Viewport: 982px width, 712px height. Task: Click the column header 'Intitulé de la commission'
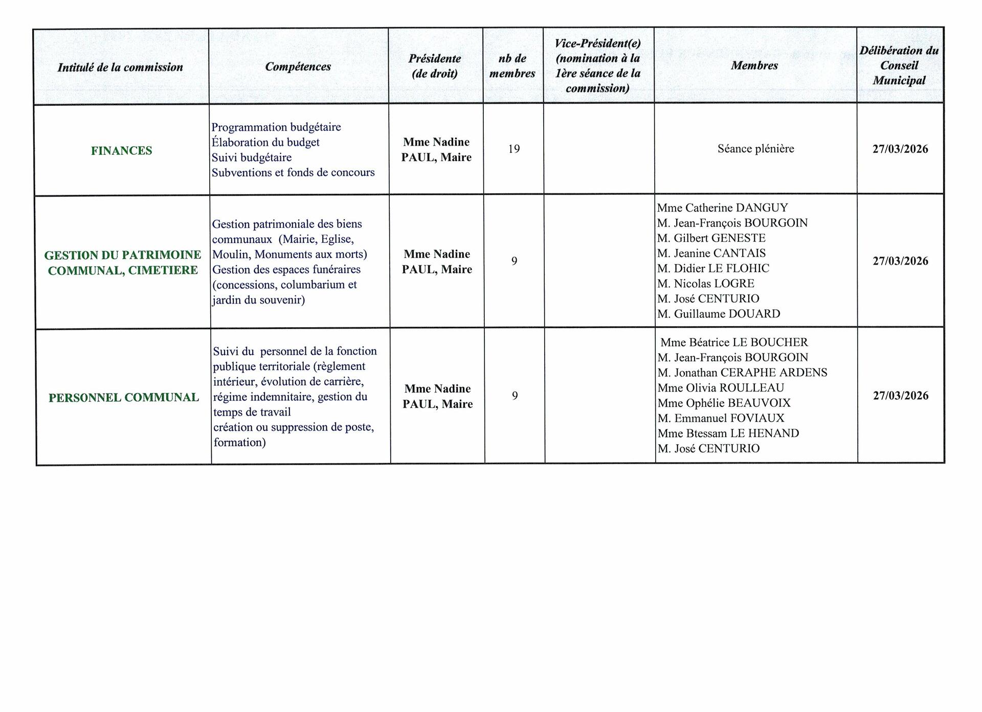click(x=120, y=67)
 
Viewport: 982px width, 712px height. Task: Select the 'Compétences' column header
click(x=298, y=66)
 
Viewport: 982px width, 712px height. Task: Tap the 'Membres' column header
click(x=754, y=65)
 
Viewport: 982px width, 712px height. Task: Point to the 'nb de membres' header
click(x=512, y=66)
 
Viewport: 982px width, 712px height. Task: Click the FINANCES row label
click(x=122, y=151)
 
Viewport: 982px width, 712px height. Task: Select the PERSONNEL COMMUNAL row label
click(x=124, y=398)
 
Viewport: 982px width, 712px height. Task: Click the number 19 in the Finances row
click(x=514, y=149)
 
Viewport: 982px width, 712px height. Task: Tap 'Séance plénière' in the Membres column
click(x=755, y=149)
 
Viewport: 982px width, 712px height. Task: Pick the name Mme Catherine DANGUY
click(x=722, y=208)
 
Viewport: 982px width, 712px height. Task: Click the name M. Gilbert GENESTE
click(x=711, y=238)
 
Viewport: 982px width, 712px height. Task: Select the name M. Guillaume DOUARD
click(x=719, y=314)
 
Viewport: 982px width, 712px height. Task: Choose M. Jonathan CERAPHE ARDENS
click(x=742, y=373)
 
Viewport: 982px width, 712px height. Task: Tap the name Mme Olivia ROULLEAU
click(x=721, y=388)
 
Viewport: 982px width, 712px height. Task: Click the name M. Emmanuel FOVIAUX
click(x=721, y=418)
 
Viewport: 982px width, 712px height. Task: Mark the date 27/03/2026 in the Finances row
click(x=900, y=149)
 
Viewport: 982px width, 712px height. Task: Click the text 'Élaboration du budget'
click(x=265, y=142)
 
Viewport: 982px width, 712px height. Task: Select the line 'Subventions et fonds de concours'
click(x=293, y=172)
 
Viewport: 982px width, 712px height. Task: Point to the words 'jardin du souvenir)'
click(x=259, y=300)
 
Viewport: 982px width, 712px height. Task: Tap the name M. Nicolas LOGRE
click(x=706, y=284)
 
